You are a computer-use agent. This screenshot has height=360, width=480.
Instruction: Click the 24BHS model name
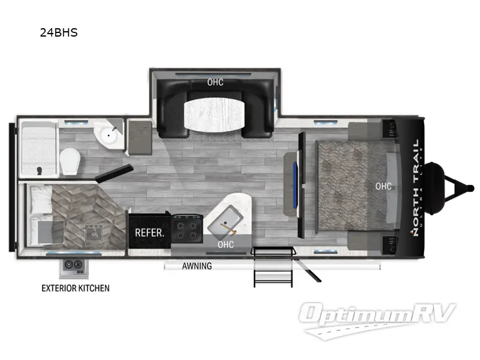point(59,32)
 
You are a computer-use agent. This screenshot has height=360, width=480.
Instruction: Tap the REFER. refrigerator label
point(149,233)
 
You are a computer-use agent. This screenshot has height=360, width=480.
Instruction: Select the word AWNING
point(197,266)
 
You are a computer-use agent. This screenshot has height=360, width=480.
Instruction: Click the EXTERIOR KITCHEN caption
point(76,288)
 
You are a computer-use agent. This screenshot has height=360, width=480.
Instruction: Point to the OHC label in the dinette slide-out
point(215,82)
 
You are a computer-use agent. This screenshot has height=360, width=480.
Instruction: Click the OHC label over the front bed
point(383,186)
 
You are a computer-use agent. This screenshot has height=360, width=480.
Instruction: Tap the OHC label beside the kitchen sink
point(226,245)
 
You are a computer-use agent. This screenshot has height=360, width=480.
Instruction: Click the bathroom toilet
point(70,161)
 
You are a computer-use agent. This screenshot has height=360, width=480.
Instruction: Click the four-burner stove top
point(187,229)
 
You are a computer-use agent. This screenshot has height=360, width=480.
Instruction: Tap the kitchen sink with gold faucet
point(225,223)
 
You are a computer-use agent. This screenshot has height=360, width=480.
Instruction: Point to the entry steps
point(273,266)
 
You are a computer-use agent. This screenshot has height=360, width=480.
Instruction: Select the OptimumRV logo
point(377,320)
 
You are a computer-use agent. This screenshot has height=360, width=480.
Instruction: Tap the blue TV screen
point(295,186)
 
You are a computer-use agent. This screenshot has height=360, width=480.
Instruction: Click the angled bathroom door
point(114,173)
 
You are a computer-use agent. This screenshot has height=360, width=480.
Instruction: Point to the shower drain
point(39,170)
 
